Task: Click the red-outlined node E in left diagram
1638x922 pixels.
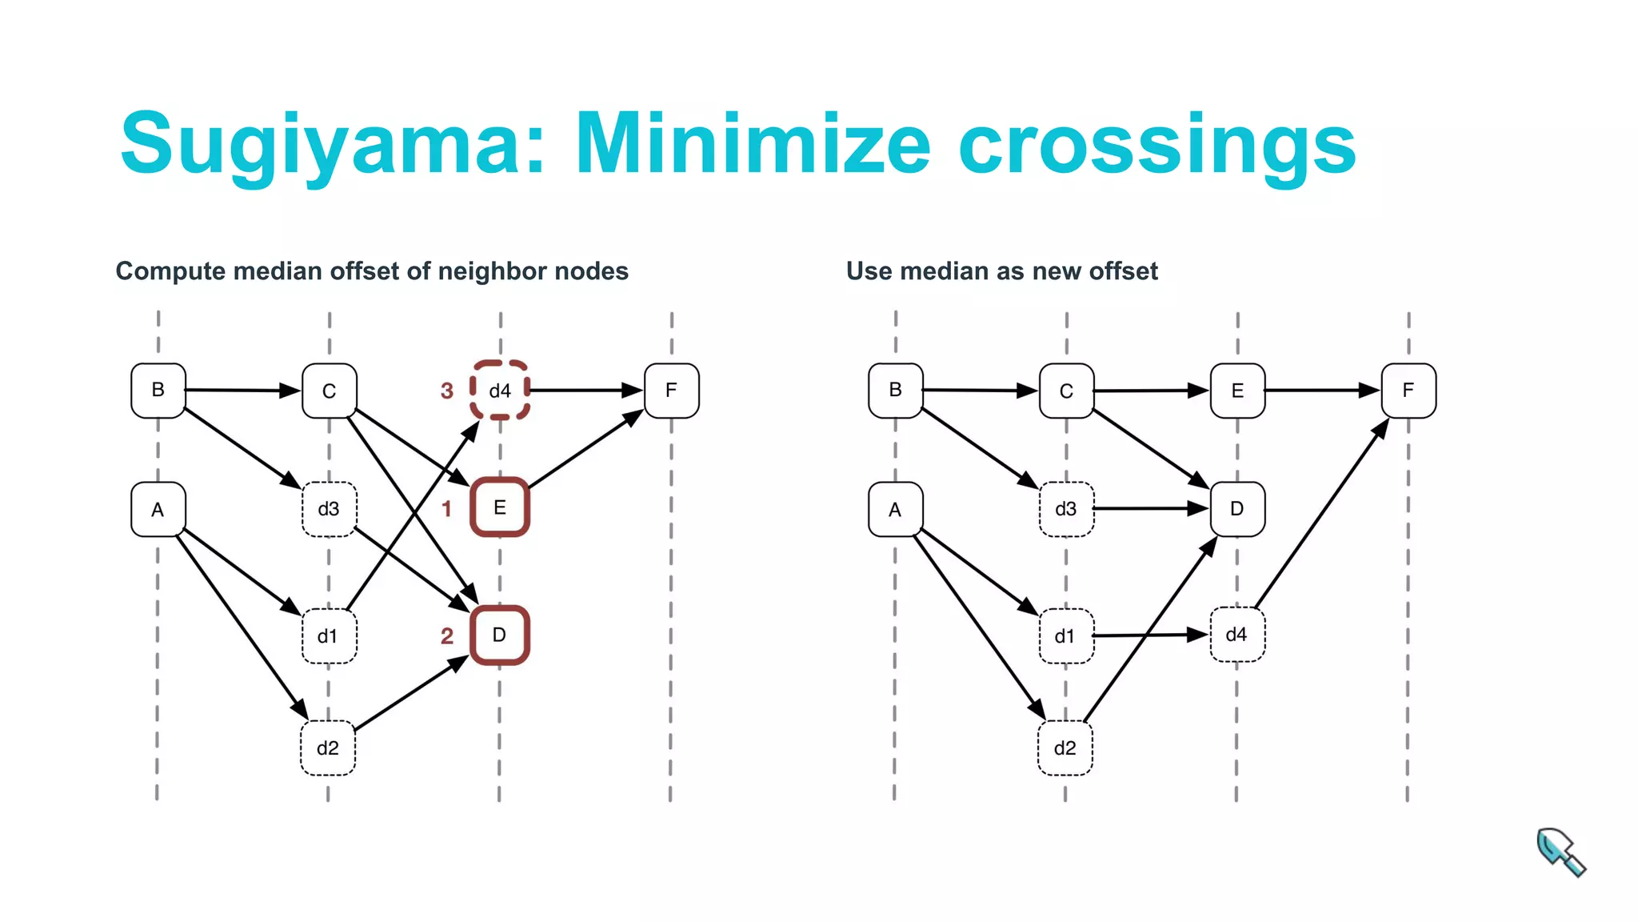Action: point(500,507)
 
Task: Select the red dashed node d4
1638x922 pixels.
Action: point(500,391)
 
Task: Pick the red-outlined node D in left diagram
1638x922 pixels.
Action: point(500,635)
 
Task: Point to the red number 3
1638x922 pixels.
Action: point(447,391)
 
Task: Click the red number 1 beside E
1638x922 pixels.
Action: point(447,509)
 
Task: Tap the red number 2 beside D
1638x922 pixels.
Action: point(447,636)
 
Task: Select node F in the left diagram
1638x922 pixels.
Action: point(672,391)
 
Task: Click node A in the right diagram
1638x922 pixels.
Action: point(895,509)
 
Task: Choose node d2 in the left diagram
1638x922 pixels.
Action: point(328,748)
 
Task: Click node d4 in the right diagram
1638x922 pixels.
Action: point(1236,635)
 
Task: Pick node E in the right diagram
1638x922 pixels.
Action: point(1237,391)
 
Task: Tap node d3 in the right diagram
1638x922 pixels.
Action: point(1065,509)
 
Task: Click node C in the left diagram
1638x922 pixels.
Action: point(329,391)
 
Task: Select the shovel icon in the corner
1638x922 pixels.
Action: point(1560,852)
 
